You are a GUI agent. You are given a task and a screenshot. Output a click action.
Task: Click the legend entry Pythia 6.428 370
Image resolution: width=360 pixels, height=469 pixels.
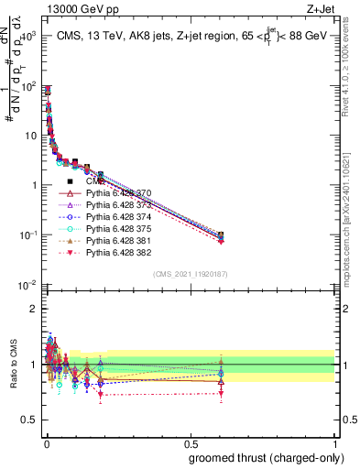tap(117, 193)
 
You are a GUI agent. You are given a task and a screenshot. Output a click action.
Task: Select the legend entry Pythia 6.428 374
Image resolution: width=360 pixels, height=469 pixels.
tap(117, 217)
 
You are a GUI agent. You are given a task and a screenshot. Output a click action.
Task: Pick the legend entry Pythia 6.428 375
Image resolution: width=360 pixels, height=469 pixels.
tap(117, 229)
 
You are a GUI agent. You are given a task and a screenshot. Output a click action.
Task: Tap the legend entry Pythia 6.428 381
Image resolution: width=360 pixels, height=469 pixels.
tap(117, 241)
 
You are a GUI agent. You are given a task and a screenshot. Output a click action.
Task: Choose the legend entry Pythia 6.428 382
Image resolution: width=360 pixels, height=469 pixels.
tap(117, 253)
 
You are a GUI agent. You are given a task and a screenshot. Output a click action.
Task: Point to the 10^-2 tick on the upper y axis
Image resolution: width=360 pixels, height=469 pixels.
tap(27, 285)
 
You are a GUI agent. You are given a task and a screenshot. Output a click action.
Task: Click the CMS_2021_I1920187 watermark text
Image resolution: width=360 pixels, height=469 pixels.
tap(191, 274)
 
